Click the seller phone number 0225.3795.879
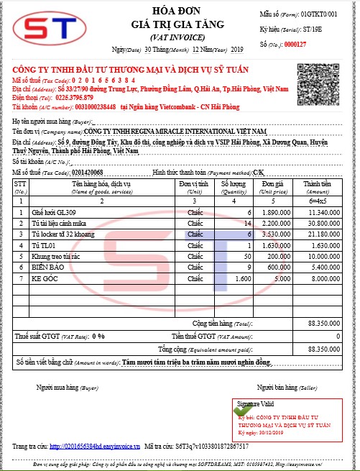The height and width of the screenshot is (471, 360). coord(75,96)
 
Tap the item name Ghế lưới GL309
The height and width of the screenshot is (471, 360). coord(55,212)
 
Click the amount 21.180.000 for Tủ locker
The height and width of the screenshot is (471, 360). coord(323,234)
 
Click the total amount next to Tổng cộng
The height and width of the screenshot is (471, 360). coord(323,348)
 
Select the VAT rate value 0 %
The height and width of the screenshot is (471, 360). coord(98,335)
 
